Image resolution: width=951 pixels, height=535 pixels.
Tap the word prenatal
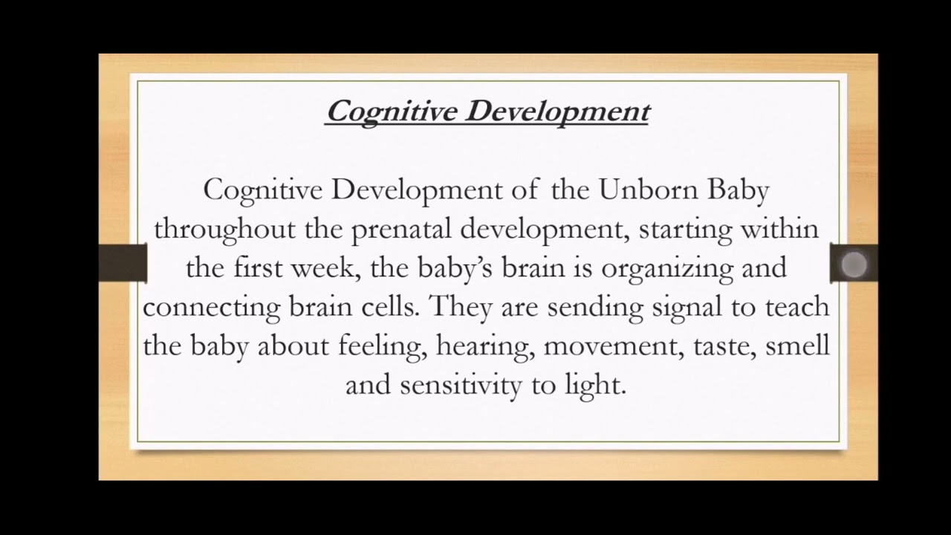coord(402,230)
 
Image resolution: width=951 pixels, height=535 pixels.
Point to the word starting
coord(685,230)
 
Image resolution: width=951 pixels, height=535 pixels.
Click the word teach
coord(796,307)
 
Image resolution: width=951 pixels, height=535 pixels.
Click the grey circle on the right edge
coord(854,265)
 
